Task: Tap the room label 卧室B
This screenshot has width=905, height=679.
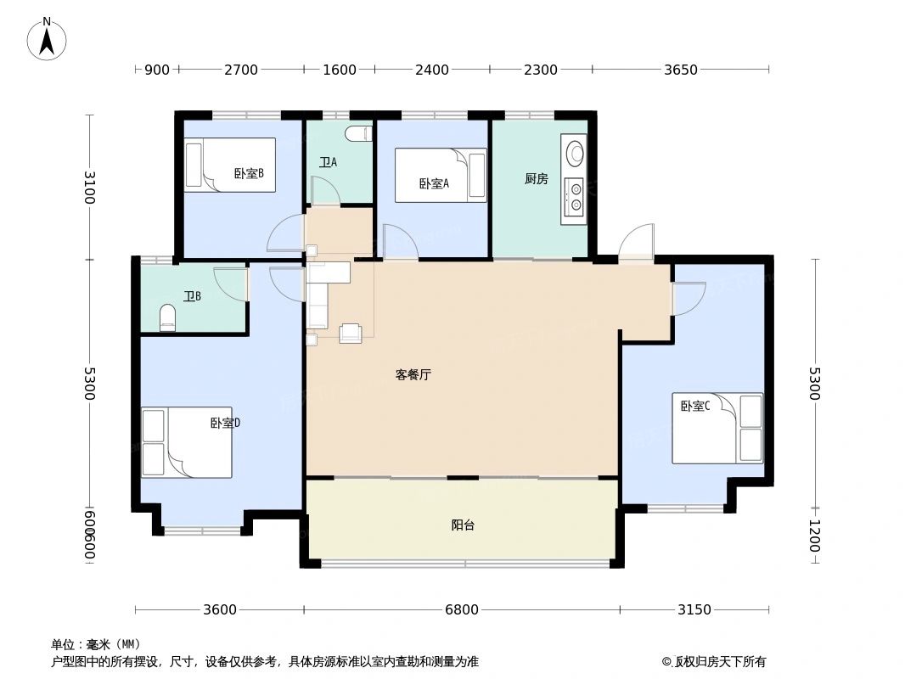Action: pyautogui.click(x=249, y=173)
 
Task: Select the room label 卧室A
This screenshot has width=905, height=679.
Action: pyautogui.click(x=433, y=183)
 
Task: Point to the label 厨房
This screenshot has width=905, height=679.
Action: pyautogui.click(x=536, y=178)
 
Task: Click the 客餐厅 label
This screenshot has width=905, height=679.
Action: pyautogui.click(x=413, y=374)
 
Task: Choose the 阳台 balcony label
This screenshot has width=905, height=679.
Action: pyautogui.click(x=463, y=525)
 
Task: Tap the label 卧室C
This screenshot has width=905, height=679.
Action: pyautogui.click(x=694, y=406)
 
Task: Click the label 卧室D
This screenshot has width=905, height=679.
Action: pyautogui.click(x=225, y=423)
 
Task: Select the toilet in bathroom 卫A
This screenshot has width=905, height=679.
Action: pyautogui.click(x=359, y=133)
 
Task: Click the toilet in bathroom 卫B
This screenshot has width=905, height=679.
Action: pyautogui.click(x=167, y=319)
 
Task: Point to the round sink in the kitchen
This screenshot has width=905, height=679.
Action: pyautogui.click(x=576, y=153)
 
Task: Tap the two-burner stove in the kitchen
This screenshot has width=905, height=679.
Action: pyautogui.click(x=576, y=197)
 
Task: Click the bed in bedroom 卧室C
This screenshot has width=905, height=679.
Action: pyautogui.click(x=717, y=428)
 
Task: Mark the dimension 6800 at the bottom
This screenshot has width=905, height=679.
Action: pyautogui.click(x=462, y=609)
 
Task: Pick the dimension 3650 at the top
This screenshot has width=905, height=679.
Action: pyautogui.click(x=680, y=70)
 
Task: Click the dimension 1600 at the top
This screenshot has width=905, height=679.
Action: pyautogui.click(x=339, y=70)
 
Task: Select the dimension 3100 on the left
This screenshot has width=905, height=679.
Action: pyautogui.click(x=89, y=187)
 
